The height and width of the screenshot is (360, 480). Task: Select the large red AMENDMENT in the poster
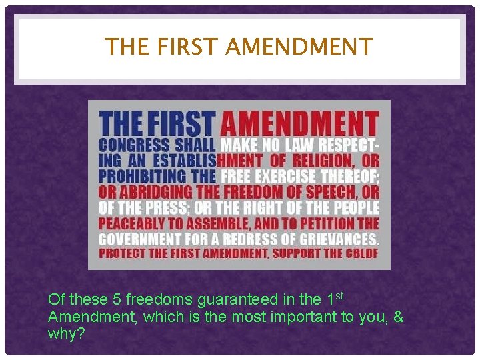[299, 125]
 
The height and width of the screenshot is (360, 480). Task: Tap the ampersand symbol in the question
[398, 316]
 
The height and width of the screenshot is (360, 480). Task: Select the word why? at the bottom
[66, 333]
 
